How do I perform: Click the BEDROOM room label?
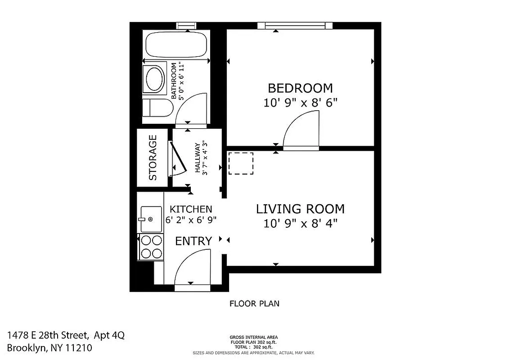tap(300, 88)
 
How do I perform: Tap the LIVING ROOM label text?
tap(300, 209)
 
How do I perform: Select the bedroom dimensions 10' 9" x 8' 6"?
tap(300, 103)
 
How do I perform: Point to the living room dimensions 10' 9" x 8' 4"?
tap(300, 223)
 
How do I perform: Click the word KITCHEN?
tap(190, 209)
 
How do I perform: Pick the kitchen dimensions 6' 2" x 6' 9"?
tap(191, 220)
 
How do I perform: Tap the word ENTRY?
tap(193, 241)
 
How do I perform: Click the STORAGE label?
tap(153, 157)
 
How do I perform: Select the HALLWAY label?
tap(197, 158)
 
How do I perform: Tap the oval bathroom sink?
tap(154, 80)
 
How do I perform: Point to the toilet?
tap(156, 108)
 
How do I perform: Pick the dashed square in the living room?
tap(241, 163)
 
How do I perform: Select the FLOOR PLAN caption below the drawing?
tap(254, 303)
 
